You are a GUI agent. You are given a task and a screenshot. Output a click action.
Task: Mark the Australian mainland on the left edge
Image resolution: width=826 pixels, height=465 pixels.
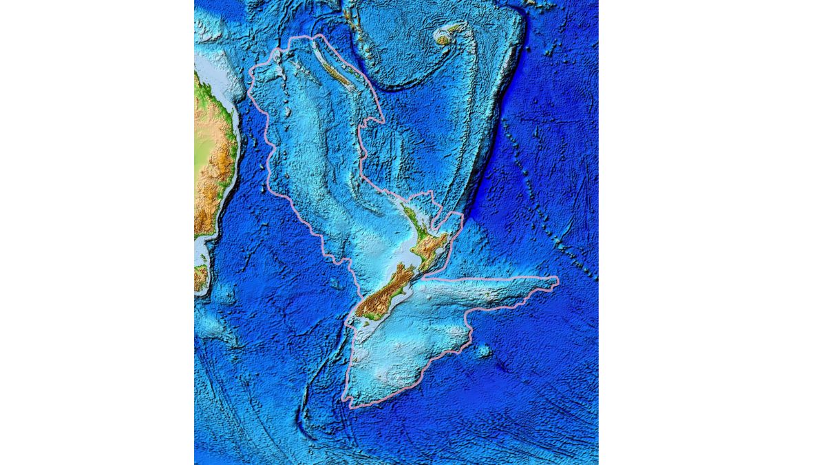(213, 158)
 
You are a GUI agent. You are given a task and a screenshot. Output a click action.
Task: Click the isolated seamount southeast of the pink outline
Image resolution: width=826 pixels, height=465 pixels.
(484, 351)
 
